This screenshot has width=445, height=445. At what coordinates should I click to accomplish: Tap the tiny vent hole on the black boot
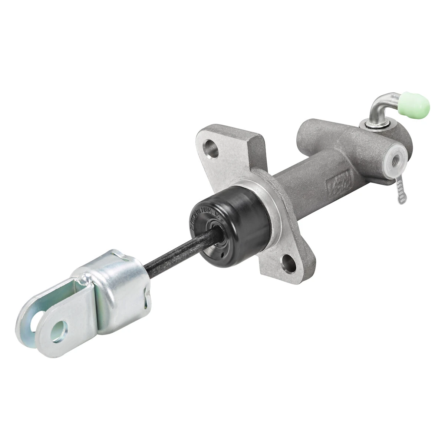pyautogui.click(x=221, y=256)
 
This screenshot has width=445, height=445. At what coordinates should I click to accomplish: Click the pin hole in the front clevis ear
pyautogui.click(x=59, y=331)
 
